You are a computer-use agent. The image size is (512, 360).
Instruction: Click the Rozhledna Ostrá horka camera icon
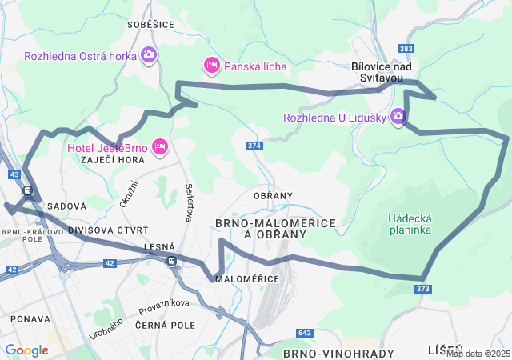148,55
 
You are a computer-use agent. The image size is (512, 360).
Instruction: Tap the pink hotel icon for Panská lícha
211,65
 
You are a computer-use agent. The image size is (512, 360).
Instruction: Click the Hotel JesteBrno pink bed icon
160,146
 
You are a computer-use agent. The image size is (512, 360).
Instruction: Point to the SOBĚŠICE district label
150,25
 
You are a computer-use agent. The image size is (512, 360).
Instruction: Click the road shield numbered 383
406,49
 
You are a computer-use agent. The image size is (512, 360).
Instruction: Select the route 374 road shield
254,146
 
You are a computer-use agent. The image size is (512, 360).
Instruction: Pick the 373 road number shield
423,289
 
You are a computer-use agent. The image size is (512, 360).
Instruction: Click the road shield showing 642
304,333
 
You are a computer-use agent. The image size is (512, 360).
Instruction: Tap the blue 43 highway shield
14,174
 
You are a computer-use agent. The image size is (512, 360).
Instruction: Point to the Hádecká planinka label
410,223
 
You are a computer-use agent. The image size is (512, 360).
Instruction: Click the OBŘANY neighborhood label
273,196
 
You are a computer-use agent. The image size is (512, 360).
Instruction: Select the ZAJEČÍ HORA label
112,160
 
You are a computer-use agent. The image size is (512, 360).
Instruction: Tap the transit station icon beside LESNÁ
171,261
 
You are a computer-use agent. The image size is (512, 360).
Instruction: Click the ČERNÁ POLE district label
166,326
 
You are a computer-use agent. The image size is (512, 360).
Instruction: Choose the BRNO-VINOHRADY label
338,353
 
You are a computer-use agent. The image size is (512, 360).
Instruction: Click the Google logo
26,350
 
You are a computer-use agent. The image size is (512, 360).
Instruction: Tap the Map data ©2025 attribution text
478,354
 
